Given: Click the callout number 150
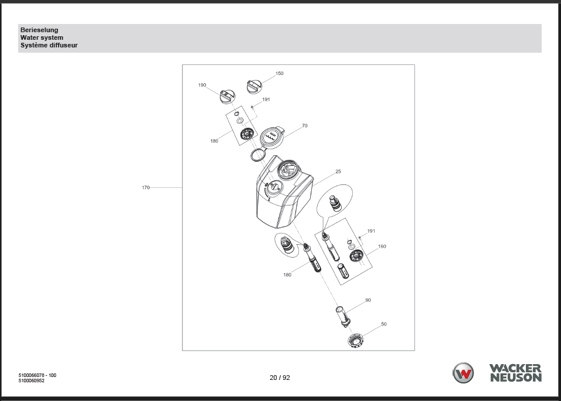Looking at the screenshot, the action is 280,73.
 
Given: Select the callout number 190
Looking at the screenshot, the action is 202,85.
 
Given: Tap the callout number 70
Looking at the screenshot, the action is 304,125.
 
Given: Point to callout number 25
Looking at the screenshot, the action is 338,171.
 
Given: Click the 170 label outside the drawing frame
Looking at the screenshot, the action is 145,187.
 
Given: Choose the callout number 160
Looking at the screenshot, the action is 382,246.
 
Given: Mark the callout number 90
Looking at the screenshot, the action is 368,300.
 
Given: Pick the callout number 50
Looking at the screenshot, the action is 384,324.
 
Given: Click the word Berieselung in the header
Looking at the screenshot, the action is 39,30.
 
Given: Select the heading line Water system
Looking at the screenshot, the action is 42,37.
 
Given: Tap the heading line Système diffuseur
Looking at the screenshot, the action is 49,45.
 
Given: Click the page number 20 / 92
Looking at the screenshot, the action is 280,378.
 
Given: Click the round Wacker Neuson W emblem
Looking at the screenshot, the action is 463,373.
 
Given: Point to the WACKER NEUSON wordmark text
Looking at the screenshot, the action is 515,373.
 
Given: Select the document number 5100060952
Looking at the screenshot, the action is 32,381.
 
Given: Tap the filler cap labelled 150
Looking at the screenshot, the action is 254,87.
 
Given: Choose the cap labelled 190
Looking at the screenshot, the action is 227,97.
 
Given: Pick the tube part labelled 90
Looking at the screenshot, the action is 343,316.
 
